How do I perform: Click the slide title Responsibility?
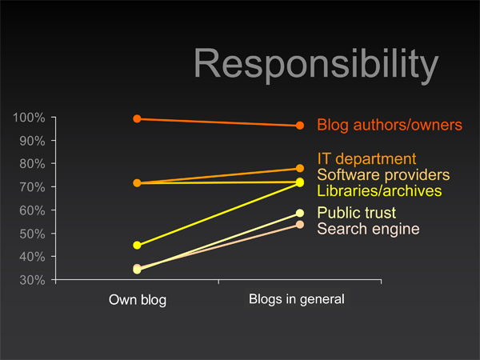click(316, 65)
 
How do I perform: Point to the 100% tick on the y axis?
click(54, 118)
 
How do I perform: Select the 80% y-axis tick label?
click(32, 164)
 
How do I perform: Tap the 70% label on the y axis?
click(32, 187)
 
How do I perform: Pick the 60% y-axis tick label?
click(32, 210)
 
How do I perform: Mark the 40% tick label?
click(32, 257)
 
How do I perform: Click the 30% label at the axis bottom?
click(32, 280)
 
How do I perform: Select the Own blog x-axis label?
click(138, 300)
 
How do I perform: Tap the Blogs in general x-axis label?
click(297, 299)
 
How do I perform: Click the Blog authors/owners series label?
click(390, 125)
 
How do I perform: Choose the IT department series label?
click(366, 159)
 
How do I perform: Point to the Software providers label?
click(383, 174)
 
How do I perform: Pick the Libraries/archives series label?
click(379, 190)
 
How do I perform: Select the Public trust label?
click(356, 213)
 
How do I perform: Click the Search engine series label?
click(368, 229)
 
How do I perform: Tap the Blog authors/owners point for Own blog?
click(137, 118)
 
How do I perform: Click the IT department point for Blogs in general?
click(300, 168)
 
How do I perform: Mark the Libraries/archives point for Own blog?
click(137, 246)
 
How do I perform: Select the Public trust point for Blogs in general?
click(300, 213)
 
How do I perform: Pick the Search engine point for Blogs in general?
click(300, 225)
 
